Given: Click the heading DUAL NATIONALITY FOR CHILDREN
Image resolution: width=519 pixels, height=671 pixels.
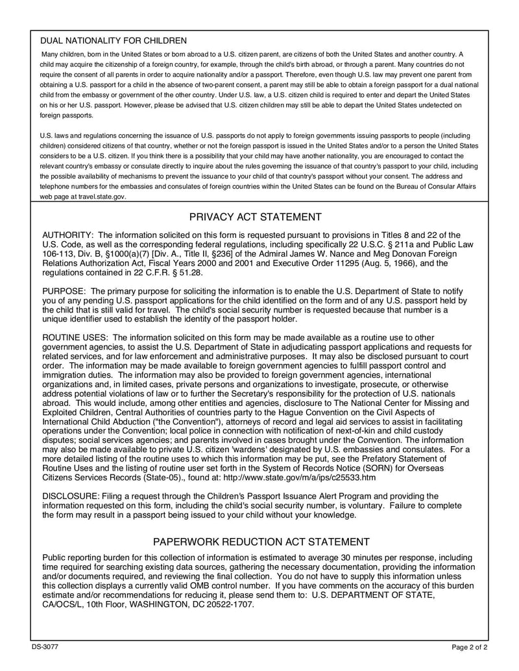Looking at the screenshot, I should [114, 41].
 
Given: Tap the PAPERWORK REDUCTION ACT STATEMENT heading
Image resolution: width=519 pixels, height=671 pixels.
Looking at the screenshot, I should [261, 541].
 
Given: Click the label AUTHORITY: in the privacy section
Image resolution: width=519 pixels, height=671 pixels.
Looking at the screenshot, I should [67, 235].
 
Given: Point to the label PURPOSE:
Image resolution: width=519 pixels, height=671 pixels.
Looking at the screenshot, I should [64, 291].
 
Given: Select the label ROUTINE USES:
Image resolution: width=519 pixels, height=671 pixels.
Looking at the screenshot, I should [75, 338].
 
